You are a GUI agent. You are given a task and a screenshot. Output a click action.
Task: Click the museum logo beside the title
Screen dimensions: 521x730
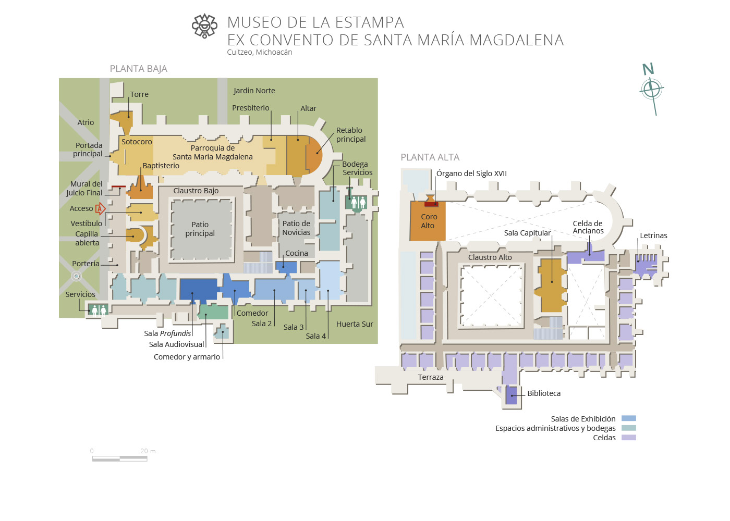(204, 26)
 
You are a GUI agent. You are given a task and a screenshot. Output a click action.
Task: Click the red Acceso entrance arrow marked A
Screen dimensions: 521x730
(100, 209)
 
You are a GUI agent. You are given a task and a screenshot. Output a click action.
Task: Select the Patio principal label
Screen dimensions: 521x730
(200, 229)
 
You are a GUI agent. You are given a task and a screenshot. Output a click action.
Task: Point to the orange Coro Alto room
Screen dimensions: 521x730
(428, 221)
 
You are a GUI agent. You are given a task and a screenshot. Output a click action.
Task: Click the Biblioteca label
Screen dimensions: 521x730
(544, 393)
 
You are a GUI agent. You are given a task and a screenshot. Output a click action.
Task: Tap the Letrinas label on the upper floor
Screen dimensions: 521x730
(653, 235)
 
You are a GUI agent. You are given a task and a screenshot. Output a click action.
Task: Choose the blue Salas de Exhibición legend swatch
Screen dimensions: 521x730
(628, 418)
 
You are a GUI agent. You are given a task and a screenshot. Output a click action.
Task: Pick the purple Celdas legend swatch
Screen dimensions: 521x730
(628, 438)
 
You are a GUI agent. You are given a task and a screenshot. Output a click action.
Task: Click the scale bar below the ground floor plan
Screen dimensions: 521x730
(120, 458)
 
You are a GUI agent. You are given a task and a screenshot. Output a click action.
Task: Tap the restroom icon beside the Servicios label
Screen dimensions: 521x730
(99, 310)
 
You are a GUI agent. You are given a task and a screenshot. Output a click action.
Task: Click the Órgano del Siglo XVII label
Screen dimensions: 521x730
(471, 173)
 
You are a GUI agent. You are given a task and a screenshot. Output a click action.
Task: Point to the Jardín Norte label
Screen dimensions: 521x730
(254, 91)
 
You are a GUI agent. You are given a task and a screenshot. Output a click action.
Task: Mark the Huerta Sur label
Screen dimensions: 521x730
(355, 324)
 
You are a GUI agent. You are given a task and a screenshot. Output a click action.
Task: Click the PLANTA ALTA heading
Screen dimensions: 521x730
(430, 157)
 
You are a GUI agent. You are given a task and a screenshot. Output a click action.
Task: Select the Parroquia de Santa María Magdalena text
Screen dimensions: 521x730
(212, 152)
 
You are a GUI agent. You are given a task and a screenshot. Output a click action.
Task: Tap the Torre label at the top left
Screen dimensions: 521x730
(139, 94)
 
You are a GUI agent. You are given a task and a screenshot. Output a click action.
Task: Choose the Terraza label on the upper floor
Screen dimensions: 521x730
(431, 377)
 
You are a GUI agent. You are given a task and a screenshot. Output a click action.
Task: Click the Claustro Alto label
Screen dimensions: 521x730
(490, 257)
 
